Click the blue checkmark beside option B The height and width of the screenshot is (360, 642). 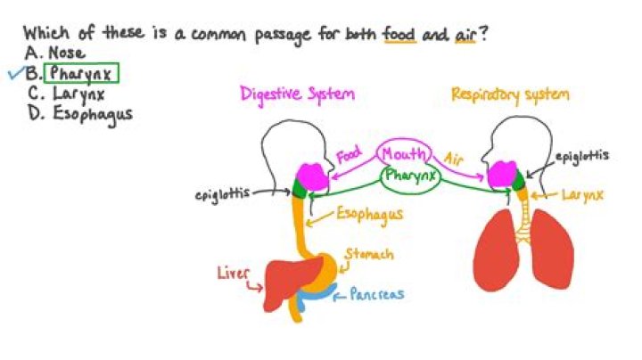(x=13, y=75)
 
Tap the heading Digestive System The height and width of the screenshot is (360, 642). (x=297, y=94)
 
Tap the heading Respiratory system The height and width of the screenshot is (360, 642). (x=510, y=94)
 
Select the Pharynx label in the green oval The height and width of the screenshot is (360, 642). (x=409, y=176)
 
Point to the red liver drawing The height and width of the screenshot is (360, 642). (x=284, y=284)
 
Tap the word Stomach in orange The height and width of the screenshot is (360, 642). (x=367, y=255)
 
